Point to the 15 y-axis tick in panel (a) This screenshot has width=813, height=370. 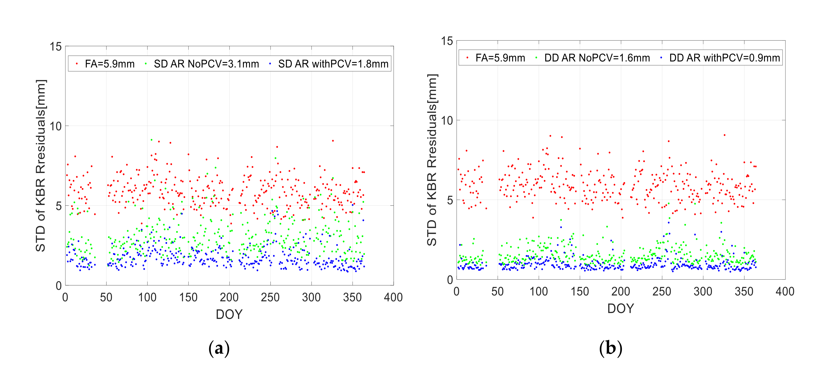[56, 47]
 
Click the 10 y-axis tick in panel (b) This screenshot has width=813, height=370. [447, 120]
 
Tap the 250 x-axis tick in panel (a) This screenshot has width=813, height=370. [270, 297]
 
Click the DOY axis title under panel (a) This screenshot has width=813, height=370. [229, 314]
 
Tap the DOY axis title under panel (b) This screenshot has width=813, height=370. [621, 308]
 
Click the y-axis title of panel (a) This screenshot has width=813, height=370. [41, 166]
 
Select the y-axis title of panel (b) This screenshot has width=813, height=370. [432, 160]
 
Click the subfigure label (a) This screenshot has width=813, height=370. [219, 348]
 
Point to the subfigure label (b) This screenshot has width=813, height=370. [610, 348]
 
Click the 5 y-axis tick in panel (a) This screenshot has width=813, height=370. [59, 206]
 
